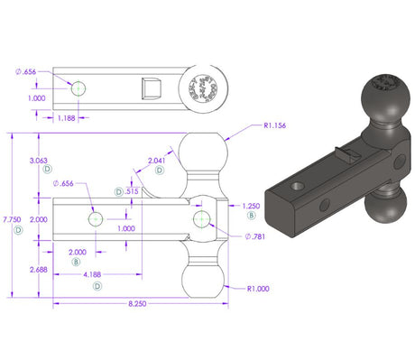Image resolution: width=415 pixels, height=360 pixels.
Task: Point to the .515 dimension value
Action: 131,191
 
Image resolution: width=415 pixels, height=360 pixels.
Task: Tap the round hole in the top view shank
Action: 78,88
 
